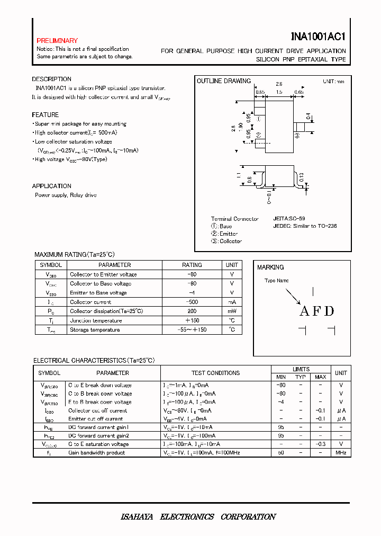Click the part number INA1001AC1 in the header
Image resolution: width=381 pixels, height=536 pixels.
coord(318,37)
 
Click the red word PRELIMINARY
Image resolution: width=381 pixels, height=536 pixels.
coord(57,41)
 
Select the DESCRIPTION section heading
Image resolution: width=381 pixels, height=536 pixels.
coord(51,79)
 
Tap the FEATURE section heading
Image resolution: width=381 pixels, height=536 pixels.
coord(45,115)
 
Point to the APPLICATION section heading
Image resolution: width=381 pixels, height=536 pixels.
coord(51,186)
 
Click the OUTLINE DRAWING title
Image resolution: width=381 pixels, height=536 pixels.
coord(223,81)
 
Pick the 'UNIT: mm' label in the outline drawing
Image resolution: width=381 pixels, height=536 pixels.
coord(333,81)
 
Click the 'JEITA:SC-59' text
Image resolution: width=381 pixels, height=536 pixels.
coord(289,218)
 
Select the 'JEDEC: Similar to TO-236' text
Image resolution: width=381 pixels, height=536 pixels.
coord(305,226)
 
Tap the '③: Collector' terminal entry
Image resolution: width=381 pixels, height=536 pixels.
coord(226,241)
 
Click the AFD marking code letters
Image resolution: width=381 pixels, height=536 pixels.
coord(317,311)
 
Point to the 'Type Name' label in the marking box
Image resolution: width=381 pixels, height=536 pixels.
coord(276,281)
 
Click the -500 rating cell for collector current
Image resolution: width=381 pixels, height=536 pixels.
coord(192,302)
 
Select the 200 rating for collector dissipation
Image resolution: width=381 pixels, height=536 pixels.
coord(192,311)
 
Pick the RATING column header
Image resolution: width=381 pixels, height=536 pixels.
coord(192,265)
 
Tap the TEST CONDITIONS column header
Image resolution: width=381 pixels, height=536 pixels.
coord(216,373)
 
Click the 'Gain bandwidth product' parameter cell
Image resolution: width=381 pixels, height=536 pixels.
coord(96,452)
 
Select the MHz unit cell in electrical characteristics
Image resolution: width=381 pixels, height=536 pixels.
coord(341,452)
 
